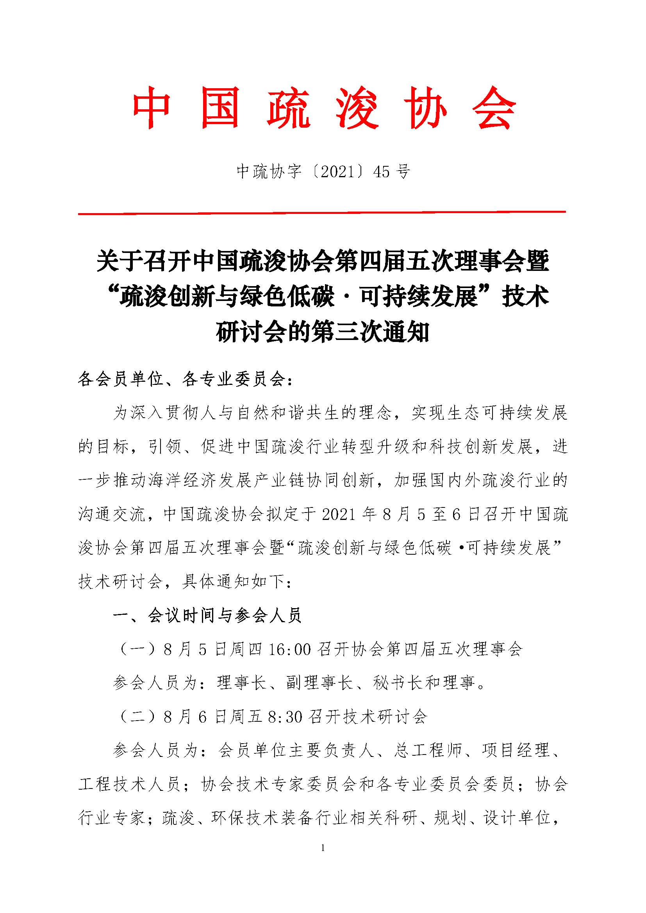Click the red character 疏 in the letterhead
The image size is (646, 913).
pyautogui.click(x=288, y=108)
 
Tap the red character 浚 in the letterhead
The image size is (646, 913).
pyautogui.click(x=357, y=108)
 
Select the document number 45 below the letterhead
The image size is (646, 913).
pyautogui.click(x=382, y=172)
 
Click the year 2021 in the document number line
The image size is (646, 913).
pyautogui.click(x=337, y=172)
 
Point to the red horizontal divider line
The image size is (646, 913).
pyautogui.click(x=321, y=213)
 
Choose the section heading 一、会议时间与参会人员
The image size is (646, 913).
pyautogui.click(x=207, y=615)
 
